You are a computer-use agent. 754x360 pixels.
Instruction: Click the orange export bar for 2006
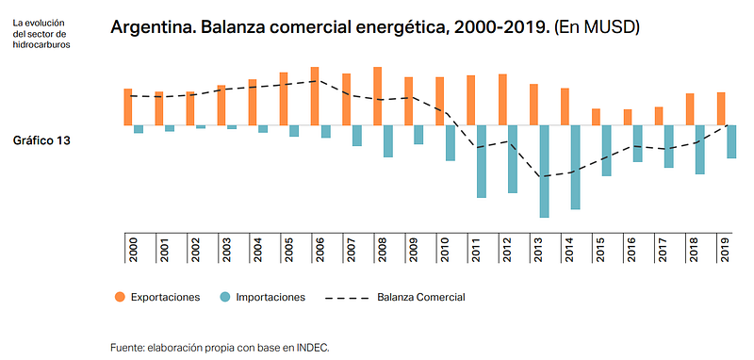coord(315,96)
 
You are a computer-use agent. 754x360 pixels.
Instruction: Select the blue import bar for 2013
coord(544,172)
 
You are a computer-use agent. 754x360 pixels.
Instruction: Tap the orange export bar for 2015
coord(596,117)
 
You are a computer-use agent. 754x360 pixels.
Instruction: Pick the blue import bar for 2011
coord(482,161)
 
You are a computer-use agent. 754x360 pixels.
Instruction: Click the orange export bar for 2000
coord(128,106)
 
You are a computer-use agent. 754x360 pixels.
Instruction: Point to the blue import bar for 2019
coord(731,141)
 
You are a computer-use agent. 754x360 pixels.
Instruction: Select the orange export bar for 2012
coord(502,100)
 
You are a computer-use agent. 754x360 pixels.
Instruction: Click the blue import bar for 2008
coord(388,140)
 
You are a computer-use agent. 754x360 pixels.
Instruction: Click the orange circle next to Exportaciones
coord(120,297)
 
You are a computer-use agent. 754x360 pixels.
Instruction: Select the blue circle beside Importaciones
coord(224,297)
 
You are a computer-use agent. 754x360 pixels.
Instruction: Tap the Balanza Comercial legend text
coord(421,297)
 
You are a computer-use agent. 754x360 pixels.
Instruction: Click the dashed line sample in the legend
coord(347,298)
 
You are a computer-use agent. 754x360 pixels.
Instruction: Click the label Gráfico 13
coord(41,140)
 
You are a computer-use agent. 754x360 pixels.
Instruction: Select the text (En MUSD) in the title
coord(597,27)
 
